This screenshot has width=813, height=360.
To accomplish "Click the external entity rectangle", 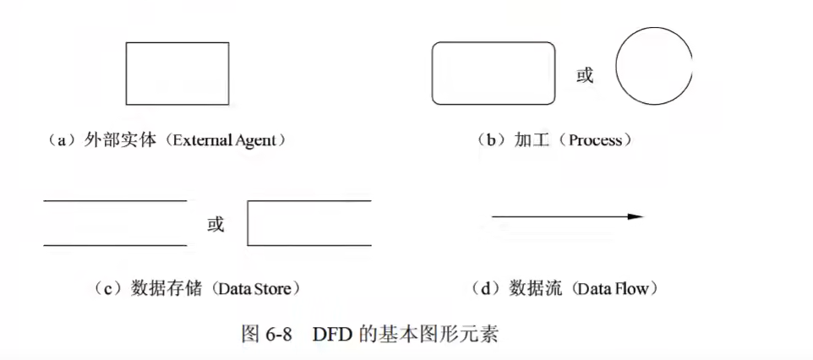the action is pyautogui.click(x=177, y=74).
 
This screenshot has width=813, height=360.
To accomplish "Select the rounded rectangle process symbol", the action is pyautogui.click(x=494, y=74).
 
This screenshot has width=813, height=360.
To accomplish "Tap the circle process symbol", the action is pyautogui.click(x=654, y=67).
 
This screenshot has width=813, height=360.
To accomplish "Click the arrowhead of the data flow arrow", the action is pyautogui.click(x=636, y=217).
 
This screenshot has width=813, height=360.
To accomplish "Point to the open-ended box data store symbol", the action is pyautogui.click(x=309, y=223).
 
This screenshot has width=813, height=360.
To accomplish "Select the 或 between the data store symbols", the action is pyautogui.click(x=216, y=224).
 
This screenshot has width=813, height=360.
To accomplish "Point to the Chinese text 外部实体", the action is pyautogui.click(x=119, y=140).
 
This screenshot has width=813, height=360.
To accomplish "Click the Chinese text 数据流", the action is pyautogui.click(x=536, y=288).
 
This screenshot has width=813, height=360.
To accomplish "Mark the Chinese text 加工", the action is pyautogui.click(x=532, y=140).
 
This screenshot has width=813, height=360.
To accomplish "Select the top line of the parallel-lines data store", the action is pyautogui.click(x=115, y=200).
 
